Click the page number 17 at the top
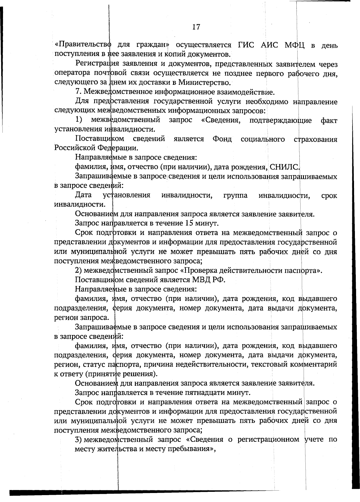click(196, 27)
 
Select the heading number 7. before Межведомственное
click(78, 92)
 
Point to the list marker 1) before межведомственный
click(79, 120)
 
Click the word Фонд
click(222, 139)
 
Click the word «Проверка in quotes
click(196, 270)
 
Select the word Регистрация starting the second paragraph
click(94, 64)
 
